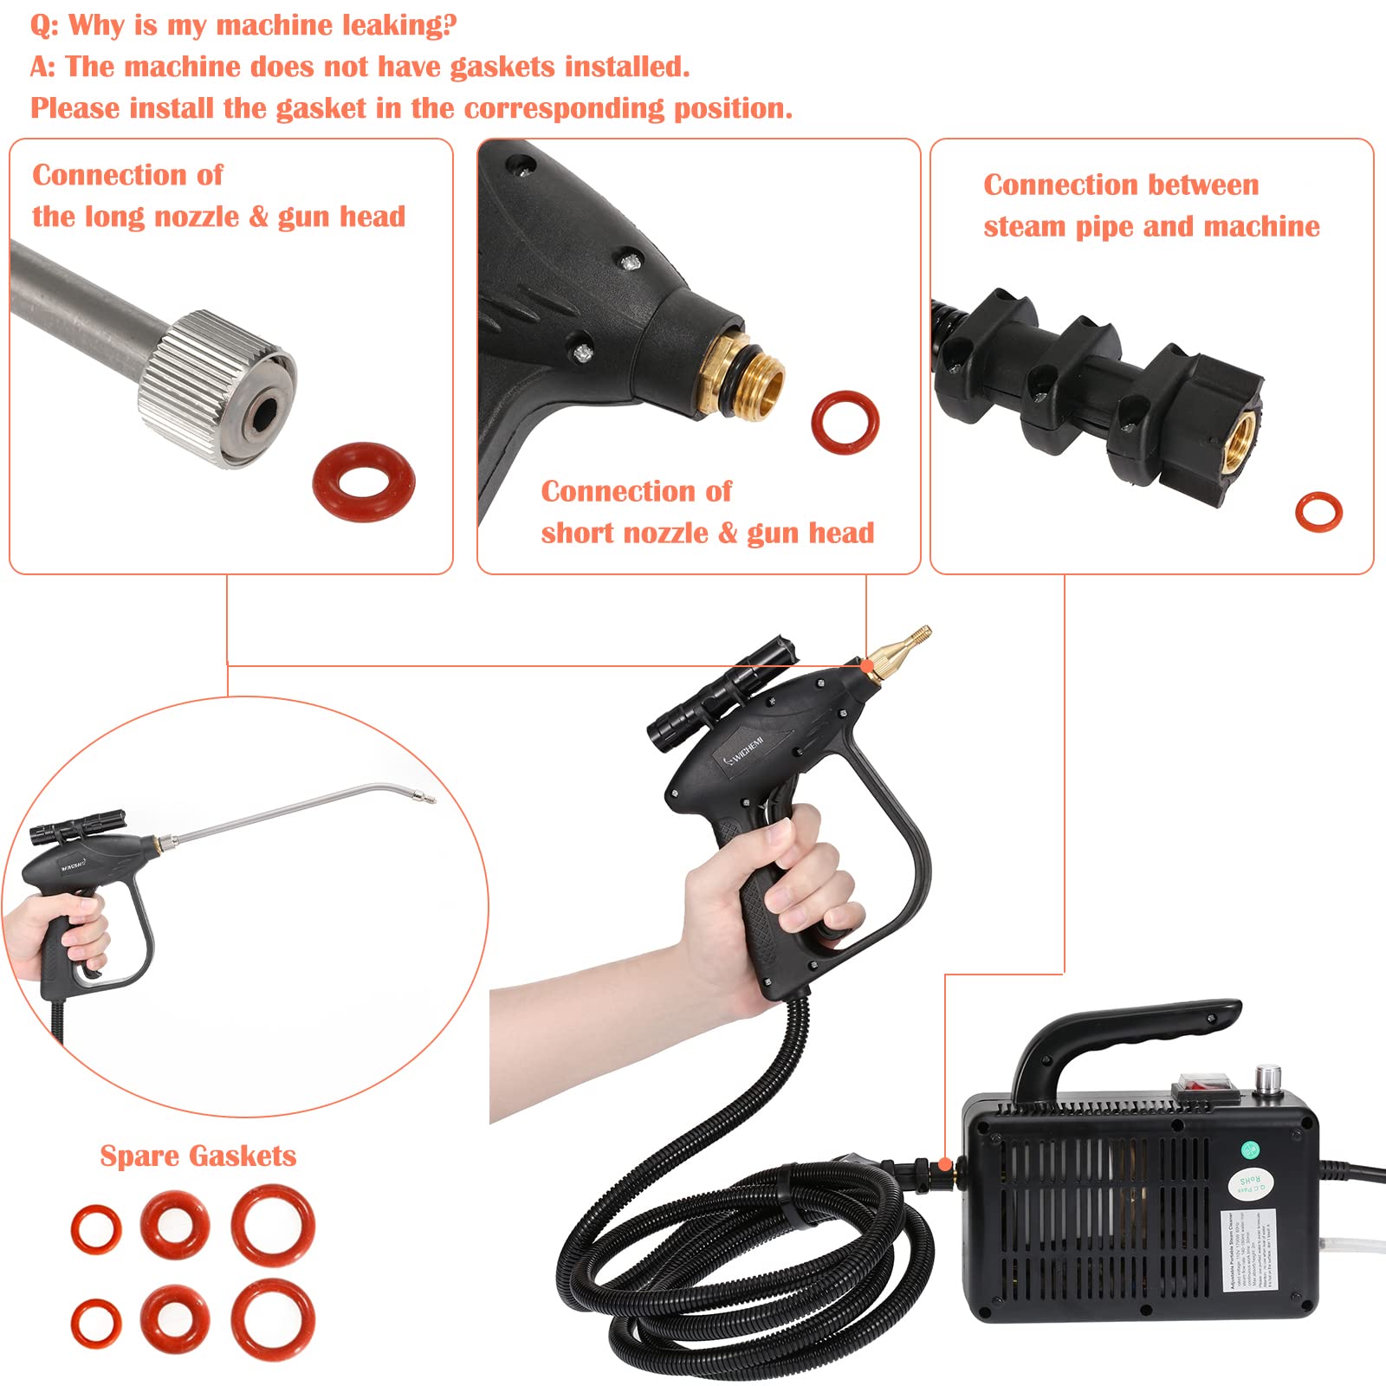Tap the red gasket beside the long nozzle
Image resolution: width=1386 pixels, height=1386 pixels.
coord(363,482)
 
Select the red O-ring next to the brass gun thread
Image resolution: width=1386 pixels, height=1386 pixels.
coord(845,423)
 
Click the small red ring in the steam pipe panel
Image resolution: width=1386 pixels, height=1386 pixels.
coord(1318,511)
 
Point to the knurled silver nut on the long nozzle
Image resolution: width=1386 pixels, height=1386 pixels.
coord(216,387)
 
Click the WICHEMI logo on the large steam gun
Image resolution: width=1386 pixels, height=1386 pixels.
coord(743,752)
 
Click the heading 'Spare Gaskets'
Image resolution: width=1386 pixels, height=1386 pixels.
coord(198,1156)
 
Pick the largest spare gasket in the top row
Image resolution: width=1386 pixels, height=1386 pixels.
coord(273,1226)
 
